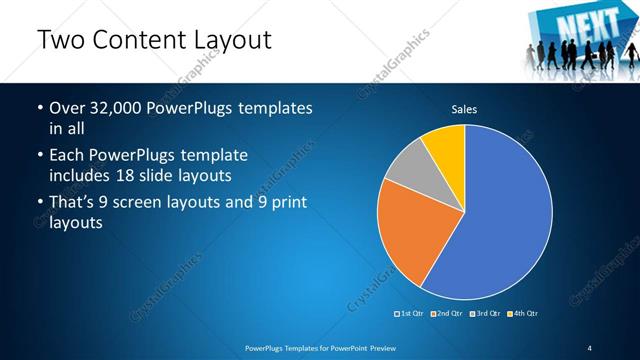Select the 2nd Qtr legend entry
point(447,313)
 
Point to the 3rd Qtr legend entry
point(485,313)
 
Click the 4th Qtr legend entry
point(523,313)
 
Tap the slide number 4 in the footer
point(590,347)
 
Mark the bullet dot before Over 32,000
point(39,108)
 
